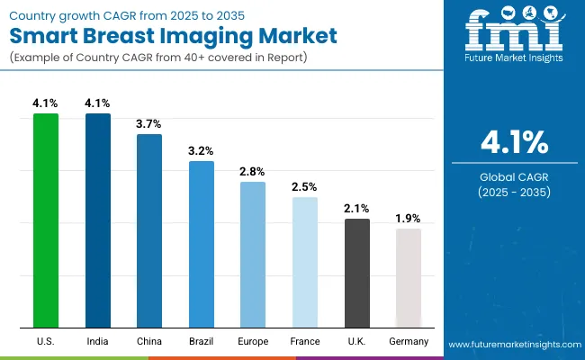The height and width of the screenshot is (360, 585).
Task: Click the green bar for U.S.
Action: point(46,220)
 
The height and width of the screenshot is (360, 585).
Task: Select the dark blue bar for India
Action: point(98,220)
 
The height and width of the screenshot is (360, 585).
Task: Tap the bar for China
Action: point(149,230)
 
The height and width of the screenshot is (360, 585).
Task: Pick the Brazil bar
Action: point(202,244)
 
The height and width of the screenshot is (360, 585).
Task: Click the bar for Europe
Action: point(253,254)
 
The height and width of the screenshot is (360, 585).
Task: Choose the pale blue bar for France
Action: point(305,262)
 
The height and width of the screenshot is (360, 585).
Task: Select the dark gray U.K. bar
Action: point(357,273)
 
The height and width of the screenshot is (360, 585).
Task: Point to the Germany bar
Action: point(409,277)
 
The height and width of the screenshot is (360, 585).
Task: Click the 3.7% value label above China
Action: point(149,124)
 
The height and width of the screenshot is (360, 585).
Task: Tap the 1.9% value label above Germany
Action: point(409,219)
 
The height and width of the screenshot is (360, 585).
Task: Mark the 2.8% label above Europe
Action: point(253,172)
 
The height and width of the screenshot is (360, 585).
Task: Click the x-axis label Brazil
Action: point(202,342)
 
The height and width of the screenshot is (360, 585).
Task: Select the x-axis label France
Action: point(305,342)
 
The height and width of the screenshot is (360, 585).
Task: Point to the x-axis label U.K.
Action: point(357,342)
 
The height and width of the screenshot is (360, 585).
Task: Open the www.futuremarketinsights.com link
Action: point(514,345)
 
